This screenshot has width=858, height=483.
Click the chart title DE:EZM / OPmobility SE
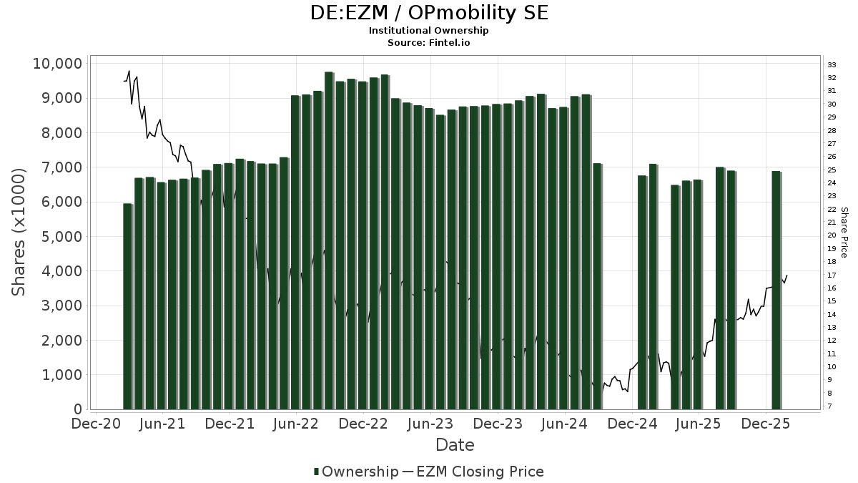click(x=429, y=13)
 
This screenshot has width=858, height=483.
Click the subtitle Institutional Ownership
click(x=429, y=31)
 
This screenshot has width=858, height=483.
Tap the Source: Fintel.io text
click(x=429, y=42)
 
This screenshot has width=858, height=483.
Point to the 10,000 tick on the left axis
click(x=57, y=64)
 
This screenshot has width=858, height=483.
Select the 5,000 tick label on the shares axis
click(x=61, y=237)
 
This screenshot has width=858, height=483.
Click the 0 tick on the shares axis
click(x=78, y=410)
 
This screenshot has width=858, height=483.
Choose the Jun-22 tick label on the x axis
click(x=297, y=424)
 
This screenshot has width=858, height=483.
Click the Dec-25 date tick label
click(x=766, y=424)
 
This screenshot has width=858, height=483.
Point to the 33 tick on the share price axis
click(x=832, y=65)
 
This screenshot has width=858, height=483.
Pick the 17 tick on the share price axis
click(x=832, y=275)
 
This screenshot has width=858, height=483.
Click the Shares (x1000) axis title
click(x=19, y=232)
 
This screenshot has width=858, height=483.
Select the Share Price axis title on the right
click(x=844, y=232)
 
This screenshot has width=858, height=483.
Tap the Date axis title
click(x=455, y=445)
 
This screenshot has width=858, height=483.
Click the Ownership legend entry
click(x=357, y=472)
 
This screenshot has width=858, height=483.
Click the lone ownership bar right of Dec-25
click(x=776, y=290)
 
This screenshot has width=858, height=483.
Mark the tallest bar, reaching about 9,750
click(x=329, y=240)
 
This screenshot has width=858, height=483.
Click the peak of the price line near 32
click(x=129, y=71)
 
